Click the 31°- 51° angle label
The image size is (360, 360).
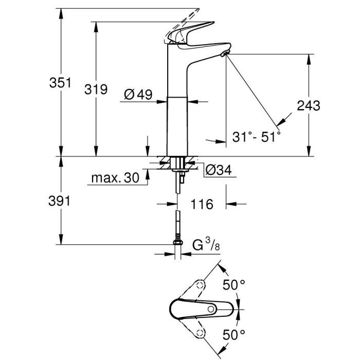(x=256, y=137)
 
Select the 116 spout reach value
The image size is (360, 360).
(x=202, y=205)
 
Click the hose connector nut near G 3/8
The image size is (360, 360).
(x=177, y=243)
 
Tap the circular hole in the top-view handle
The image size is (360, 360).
(x=211, y=309)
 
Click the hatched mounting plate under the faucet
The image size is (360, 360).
(x=177, y=164)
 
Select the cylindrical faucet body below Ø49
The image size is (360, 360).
(x=177, y=126)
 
